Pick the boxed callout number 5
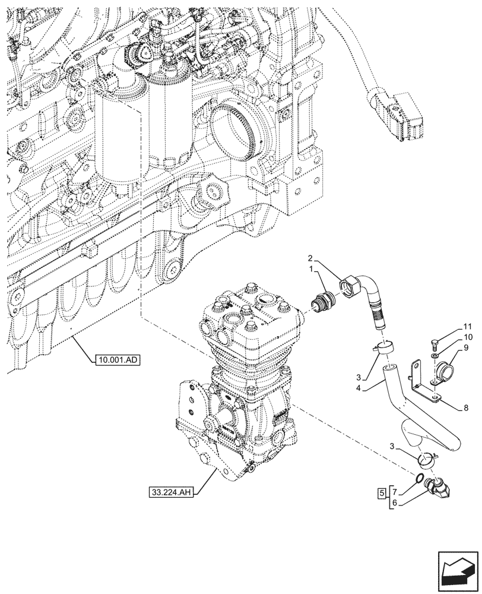(381, 493)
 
